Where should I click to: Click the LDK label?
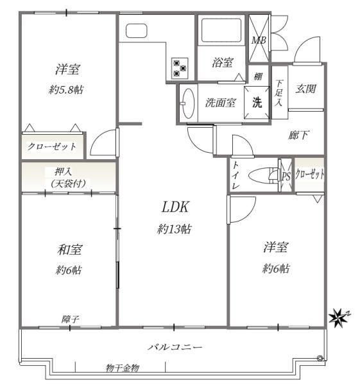pyautogui.click(x=175, y=207)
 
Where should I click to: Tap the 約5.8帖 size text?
pyautogui.click(x=66, y=90)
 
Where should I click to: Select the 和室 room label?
pyautogui.click(x=69, y=250)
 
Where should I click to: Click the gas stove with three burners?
pyautogui.click(x=180, y=68)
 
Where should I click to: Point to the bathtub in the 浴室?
pyautogui.click(x=221, y=30)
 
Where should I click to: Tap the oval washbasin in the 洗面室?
pyautogui.click(x=189, y=103)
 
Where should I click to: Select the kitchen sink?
pyautogui.click(x=136, y=31)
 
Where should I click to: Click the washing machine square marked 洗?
pyautogui.click(x=257, y=103)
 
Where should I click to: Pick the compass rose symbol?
pyautogui.click(x=338, y=318)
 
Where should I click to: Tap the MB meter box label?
pyautogui.click(x=259, y=40)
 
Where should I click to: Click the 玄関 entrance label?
pyautogui.click(x=305, y=89)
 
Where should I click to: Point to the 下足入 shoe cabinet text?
pyautogui.click(x=279, y=92)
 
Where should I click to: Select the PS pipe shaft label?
pyautogui.click(x=286, y=176)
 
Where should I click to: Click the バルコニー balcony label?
pyautogui.click(x=175, y=347)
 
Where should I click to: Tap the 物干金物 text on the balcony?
pyautogui.click(x=123, y=368)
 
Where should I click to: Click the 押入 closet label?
pyautogui.click(x=64, y=172)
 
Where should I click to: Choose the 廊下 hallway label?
pyautogui.click(x=298, y=135)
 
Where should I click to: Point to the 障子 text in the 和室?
pyautogui.click(x=70, y=319)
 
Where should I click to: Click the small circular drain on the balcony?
pyautogui.click(x=320, y=358)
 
